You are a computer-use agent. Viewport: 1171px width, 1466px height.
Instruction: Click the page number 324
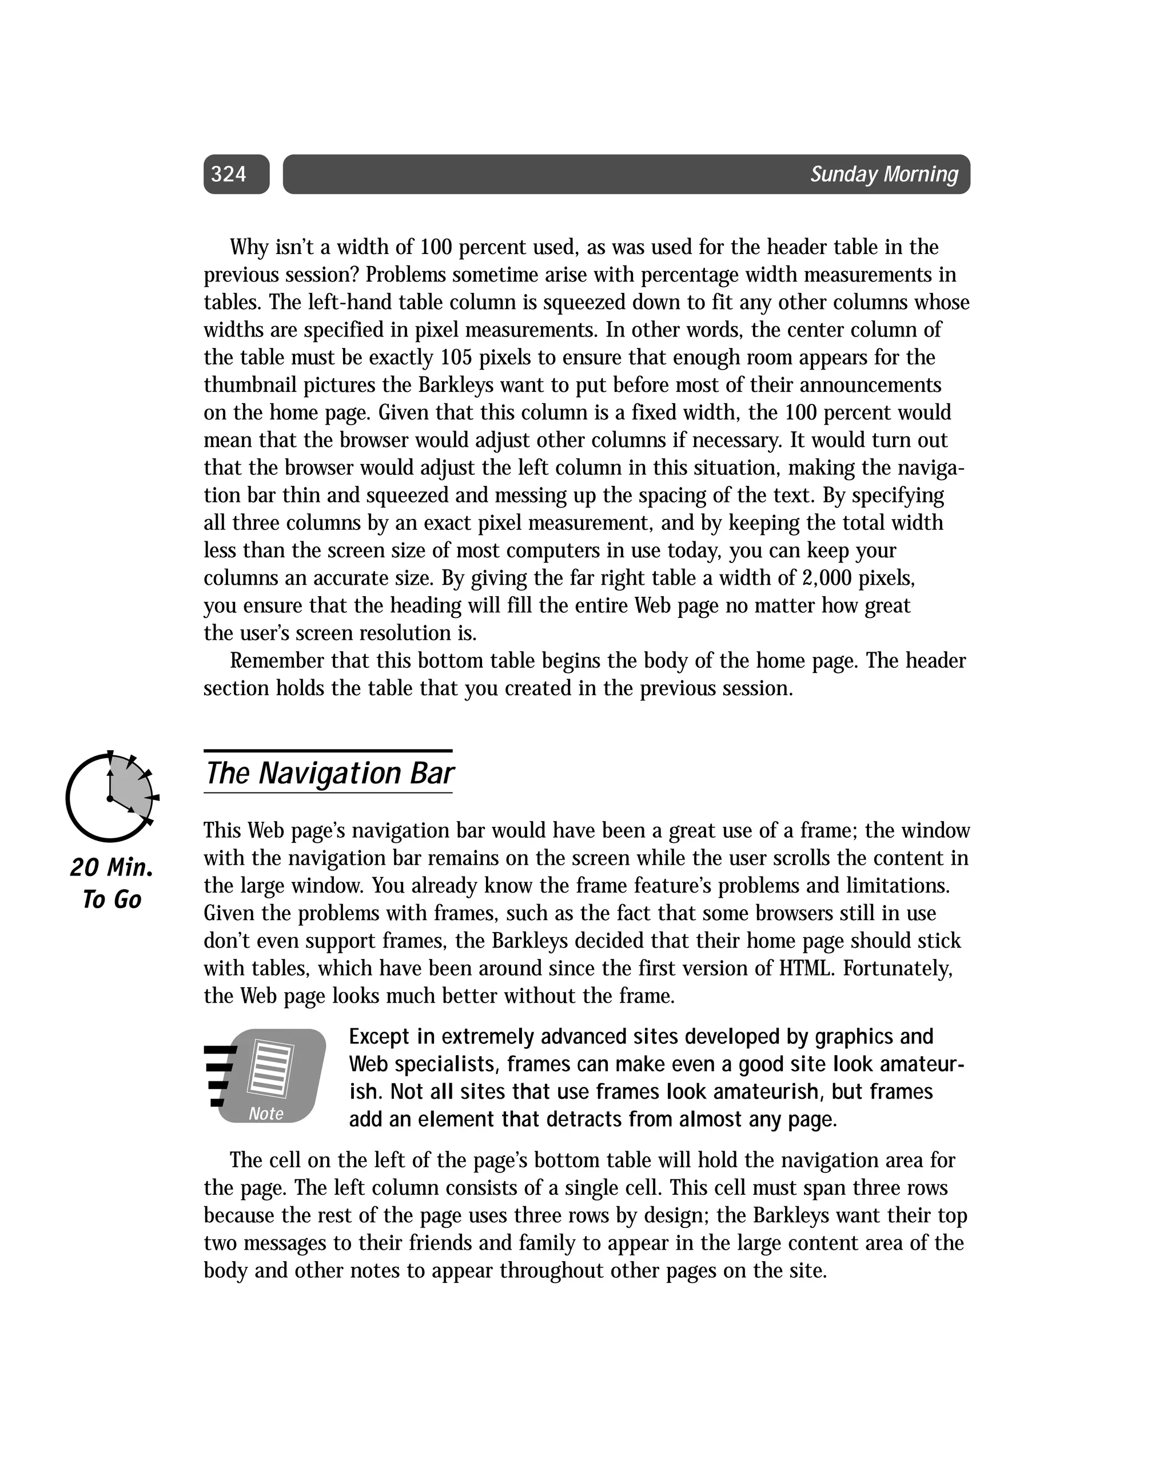click(228, 175)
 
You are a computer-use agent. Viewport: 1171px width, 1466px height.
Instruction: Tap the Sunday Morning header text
click(883, 175)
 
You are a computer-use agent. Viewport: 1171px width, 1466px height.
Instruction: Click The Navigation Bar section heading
click(329, 773)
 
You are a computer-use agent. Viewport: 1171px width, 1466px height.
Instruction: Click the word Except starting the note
click(379, 1037)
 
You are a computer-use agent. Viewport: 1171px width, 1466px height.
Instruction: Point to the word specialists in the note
click(446, 1065)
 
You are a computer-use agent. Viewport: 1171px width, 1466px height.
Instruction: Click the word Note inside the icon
click(266, 1114)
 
